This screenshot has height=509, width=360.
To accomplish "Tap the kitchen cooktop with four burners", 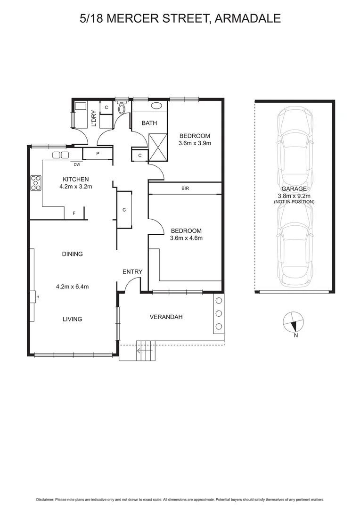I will coord(36,183).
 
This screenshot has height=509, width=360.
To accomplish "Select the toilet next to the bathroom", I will coord(122,109).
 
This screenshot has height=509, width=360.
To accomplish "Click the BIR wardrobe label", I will coord(185,188).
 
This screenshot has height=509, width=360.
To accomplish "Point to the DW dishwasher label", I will coord(77,164).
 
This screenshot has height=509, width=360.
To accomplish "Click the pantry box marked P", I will coord(98,154).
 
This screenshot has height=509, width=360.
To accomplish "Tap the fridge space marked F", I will coord(74,213).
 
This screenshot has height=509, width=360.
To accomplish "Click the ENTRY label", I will coord(132,272).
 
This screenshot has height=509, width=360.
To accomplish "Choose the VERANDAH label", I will coord(166,317).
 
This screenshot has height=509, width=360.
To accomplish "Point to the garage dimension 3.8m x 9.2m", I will coord(294,195).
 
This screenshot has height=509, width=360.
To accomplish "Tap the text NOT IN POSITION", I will coord(294,202).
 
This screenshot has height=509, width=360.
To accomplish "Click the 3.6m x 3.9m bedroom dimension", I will coord(194,143).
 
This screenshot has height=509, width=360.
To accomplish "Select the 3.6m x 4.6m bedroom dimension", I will coord(186,238).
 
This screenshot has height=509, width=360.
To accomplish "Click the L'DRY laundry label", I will coord(94,118).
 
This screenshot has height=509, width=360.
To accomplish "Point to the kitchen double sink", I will coord(60,155).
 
